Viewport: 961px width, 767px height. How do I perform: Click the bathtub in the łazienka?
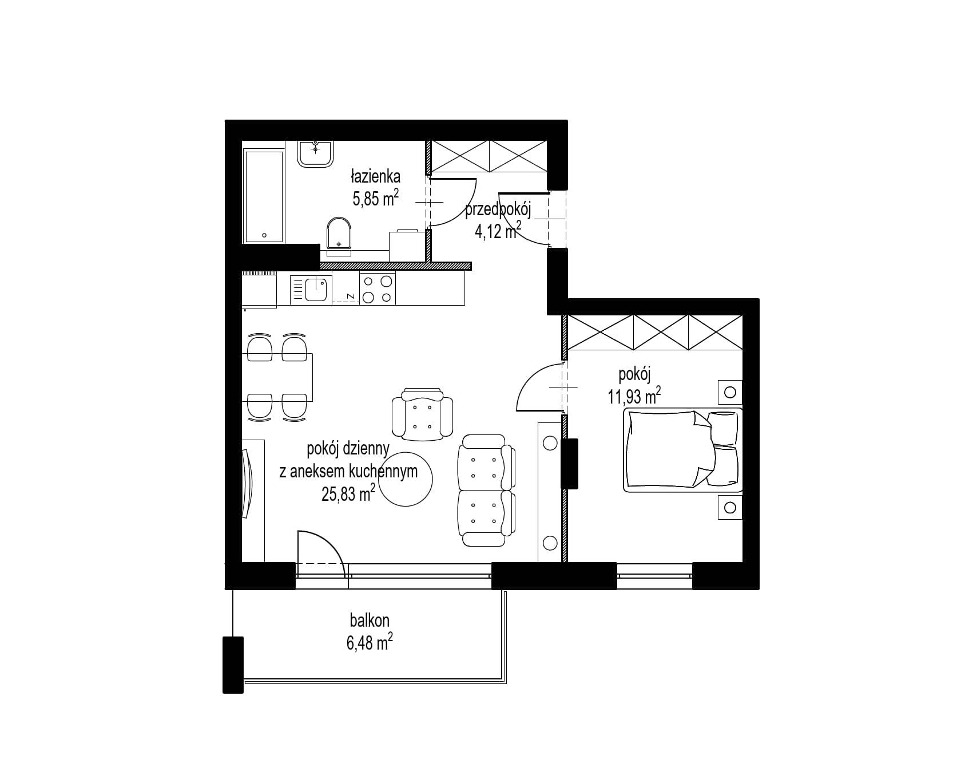coord(264,196)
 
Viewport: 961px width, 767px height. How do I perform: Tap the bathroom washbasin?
coord(315,153)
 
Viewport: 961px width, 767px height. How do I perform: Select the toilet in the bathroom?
coord(339,235)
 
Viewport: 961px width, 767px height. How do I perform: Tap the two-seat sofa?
coord(487,490)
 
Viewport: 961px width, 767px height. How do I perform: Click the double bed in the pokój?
coord(682,450)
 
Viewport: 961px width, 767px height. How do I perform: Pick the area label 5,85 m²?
coord(375,199)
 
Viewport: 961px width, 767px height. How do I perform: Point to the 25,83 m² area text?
coord(348,493)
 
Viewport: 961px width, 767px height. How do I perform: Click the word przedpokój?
coord(498,211)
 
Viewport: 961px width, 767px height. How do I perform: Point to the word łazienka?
coord(375,176)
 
